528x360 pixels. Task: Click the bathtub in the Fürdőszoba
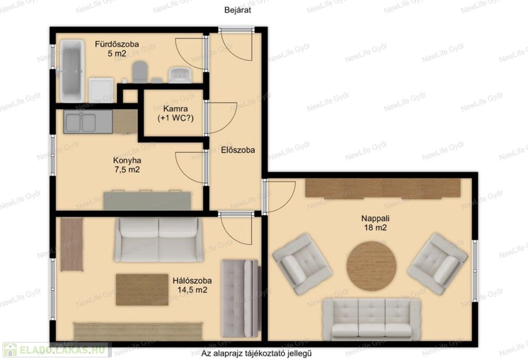tap(72, 71)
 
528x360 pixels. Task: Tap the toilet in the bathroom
tap(140, 72)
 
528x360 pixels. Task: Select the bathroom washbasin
tap(180, 75)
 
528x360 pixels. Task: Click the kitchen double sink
tap(88, 122)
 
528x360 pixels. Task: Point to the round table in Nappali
tap(371, 266)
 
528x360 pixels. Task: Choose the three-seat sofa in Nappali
tap(371, 319)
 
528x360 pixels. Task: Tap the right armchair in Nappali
tap(437, 264)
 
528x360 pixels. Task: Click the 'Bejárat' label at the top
tap(238, 10)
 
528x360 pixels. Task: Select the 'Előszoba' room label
tap(238, 150)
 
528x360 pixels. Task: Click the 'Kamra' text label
tap(175, 109)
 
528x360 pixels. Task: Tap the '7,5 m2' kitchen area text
tap(127, 170)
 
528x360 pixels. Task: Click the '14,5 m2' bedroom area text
tap(192, 290)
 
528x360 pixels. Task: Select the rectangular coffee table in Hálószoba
tap(142, 290)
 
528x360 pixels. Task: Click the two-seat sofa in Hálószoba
tap(159, 239)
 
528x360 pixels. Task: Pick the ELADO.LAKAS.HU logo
tap(56, 350)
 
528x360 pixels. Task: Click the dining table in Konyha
tap(147, 201)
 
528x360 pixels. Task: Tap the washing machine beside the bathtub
tap(101, 90)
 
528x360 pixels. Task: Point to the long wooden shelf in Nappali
tap(383, 188)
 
